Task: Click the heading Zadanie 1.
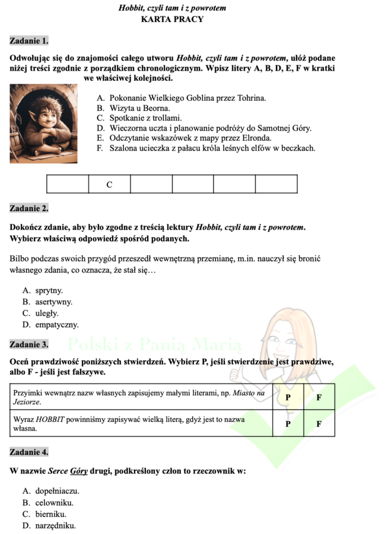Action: (x=29, y=41)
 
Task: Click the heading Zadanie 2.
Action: (x=29, y=208)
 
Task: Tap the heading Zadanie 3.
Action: (x=29, y=344)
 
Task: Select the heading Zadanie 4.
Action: (x=29, y=452)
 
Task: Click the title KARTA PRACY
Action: (x=172, y=19)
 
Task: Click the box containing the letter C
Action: (x=109, y=185)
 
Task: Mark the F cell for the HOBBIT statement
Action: (x=319, y=424)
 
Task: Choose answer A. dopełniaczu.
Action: (x=51, y=491)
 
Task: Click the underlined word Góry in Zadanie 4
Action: (x=78, y=472)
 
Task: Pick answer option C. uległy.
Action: (x=40, y=313)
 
